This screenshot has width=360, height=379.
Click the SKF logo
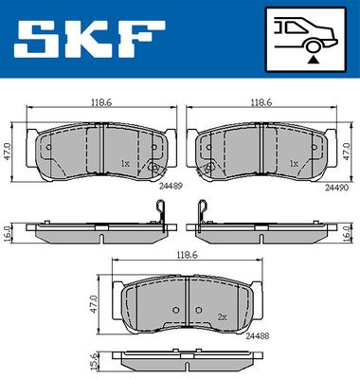pos(90,39)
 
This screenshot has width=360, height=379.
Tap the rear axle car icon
pos(306,40)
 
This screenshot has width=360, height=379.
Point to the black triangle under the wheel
pos(313,59)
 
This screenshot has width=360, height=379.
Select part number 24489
pos(171,187)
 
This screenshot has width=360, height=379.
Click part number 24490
pos(336,188)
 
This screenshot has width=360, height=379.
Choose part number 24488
pos(258,336)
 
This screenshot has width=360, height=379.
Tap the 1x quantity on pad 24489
pos(125,164)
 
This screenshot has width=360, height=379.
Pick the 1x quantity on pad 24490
pos(294,164)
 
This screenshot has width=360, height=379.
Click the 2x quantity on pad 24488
pos(223,317)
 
